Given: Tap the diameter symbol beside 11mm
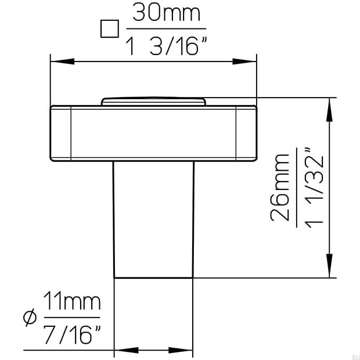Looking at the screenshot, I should (x=30, y=318).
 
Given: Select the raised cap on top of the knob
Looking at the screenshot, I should (x=153, y=101).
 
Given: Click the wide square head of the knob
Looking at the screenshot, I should (x=153, y=133).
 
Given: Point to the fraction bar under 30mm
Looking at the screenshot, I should (x=166, y=29).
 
